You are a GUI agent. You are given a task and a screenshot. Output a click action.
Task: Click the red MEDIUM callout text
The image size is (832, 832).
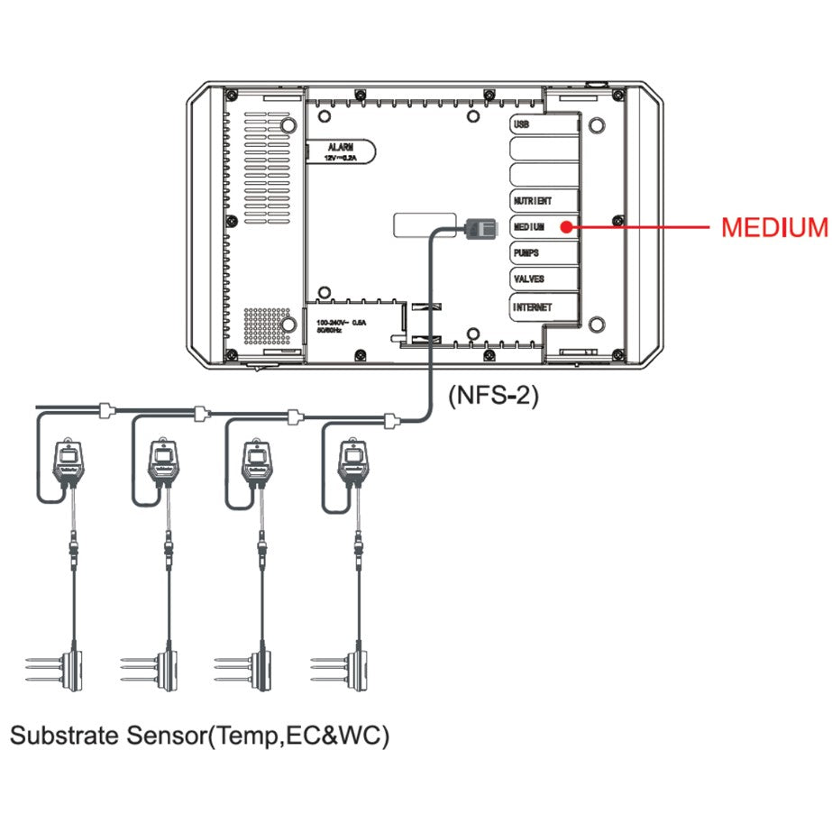(773, 227)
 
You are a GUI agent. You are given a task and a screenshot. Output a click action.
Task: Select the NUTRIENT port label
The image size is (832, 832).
(533, 201)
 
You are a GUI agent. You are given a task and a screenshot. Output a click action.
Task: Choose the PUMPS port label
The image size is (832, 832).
(526, 252)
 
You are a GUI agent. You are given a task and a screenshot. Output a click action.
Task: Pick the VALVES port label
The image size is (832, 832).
(528, 279)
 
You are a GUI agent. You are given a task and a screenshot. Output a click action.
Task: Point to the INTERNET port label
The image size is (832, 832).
(533, 307)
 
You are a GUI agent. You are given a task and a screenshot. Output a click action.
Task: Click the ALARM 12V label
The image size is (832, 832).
(341, 151)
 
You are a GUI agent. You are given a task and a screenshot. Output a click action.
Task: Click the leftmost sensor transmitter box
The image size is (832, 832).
(69, 465)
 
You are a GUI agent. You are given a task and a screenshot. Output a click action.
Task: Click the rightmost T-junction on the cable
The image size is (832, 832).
(390, 419)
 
